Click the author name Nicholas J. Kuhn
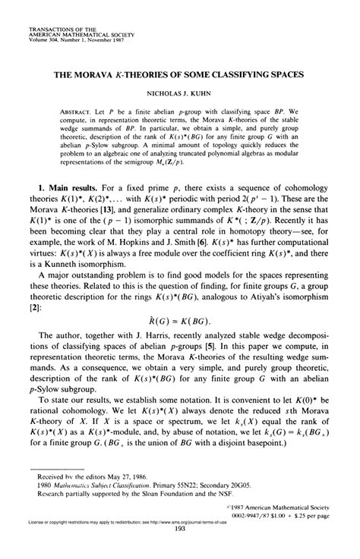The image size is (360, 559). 179,96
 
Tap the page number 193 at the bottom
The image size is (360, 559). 180,551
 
